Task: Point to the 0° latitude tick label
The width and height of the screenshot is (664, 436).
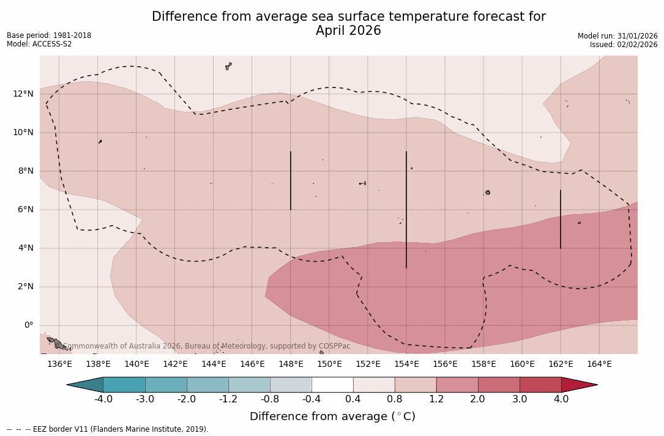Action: point(28,325)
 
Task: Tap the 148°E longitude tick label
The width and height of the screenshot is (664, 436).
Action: point(291,364)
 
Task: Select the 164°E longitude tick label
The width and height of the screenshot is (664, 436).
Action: point(599,364)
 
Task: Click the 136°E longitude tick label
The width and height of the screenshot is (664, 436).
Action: point(59,364)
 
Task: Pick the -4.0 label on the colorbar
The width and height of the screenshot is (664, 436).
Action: point(103,399)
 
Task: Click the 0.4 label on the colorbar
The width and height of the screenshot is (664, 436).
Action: point(353,399)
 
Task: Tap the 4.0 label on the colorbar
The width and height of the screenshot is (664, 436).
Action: point(561,399)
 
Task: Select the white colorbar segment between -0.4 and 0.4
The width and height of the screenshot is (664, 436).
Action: point(332,385)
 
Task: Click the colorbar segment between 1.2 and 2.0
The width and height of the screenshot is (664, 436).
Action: point(457,385)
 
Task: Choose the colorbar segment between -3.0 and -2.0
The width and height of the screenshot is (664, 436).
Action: point(166,385)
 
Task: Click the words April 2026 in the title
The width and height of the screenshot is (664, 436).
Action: point(348,31)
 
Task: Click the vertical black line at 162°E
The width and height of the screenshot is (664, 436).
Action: point(561,219)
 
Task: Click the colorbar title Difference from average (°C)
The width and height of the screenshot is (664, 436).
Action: point(332,416)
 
